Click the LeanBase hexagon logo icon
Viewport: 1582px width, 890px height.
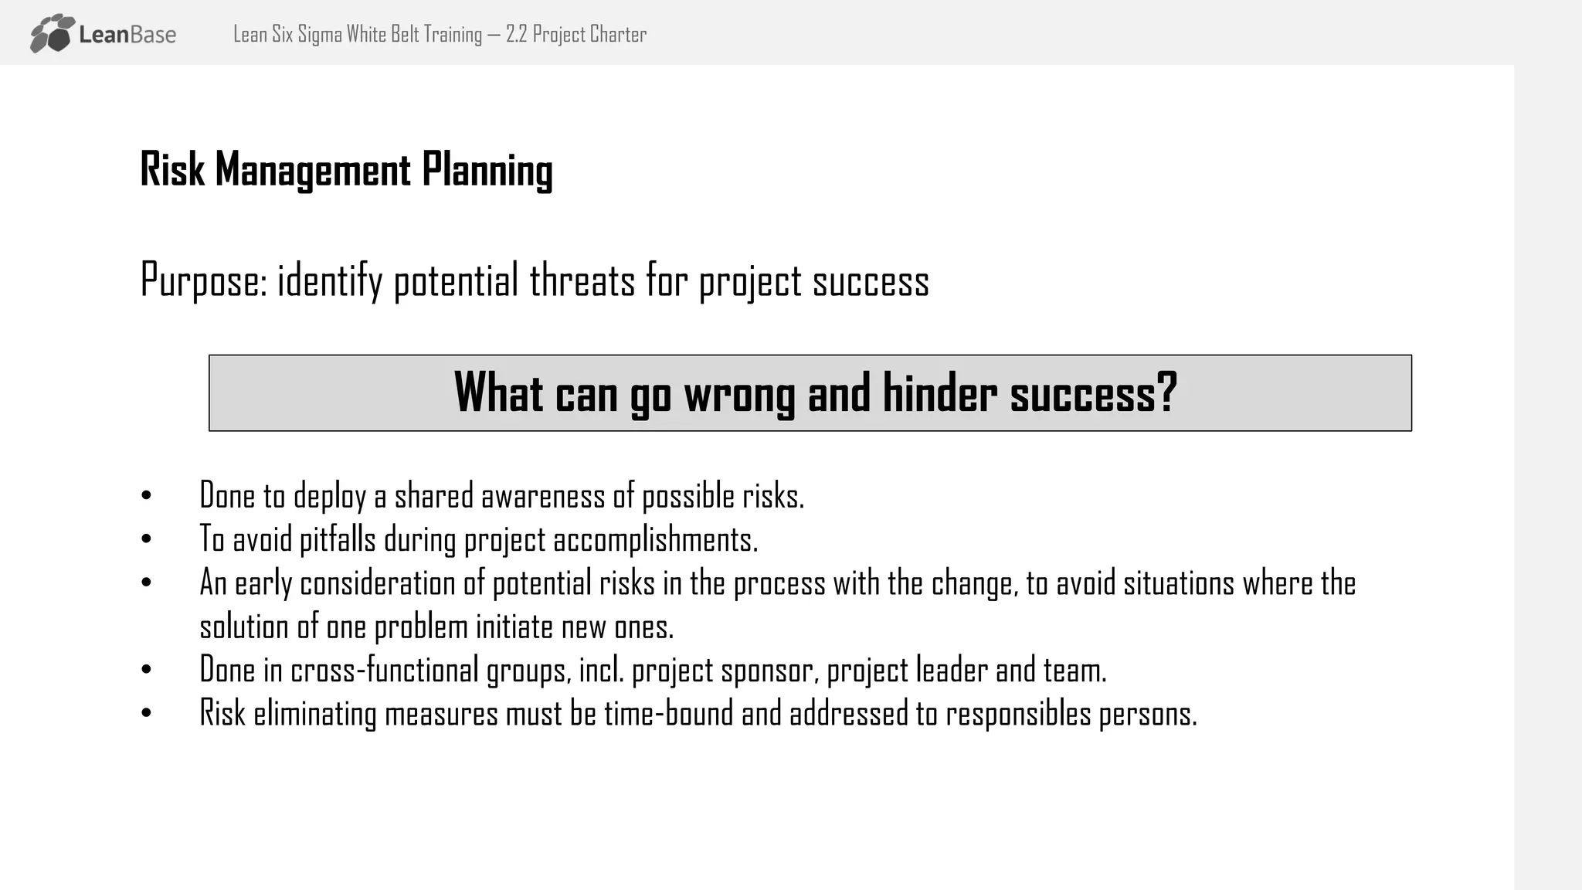click(53, 33)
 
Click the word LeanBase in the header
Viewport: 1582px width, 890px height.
click(127, 35)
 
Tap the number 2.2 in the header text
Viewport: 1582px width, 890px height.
click(516, 35)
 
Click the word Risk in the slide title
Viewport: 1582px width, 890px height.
click(171, 169)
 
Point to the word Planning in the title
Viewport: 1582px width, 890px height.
click(487, 171)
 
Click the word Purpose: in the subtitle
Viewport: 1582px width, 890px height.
click(204, 280)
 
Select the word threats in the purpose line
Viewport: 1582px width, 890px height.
click(582, 280)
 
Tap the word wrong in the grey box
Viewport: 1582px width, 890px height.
click(739, 393)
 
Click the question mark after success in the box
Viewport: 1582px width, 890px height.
click(1167, 392)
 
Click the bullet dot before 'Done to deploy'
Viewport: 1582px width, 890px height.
click(147, 496)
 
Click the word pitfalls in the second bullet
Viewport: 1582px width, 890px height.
click(338, 539)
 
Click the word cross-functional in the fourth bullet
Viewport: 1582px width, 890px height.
click(384, 670)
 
